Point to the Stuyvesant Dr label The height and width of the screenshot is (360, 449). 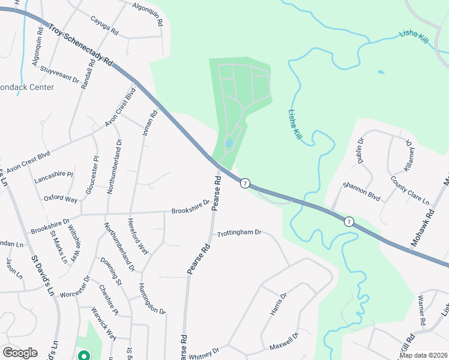[x=59, y=74]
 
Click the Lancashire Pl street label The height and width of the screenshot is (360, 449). [x=53, y=175]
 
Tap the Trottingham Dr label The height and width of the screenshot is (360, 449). [x=240, y=232]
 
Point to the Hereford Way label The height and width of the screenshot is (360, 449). [x=137, y=236]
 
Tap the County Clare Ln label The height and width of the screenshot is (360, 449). [x=410, y=190]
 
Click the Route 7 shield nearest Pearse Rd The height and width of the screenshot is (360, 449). [x=244, y=183]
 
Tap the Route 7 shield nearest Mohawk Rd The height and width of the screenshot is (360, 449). [x=349, y=221]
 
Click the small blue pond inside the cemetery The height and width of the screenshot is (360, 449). [x=229, y=144]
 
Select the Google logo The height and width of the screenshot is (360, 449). [x=20, y=353]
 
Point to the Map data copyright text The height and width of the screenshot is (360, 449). [x=423, y=355]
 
